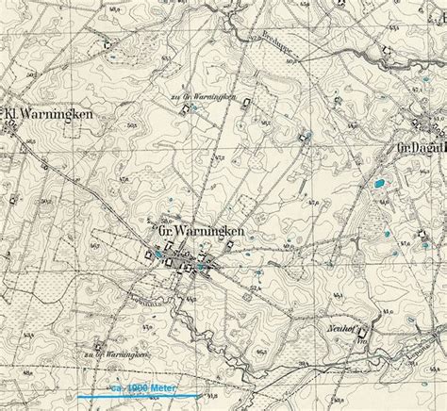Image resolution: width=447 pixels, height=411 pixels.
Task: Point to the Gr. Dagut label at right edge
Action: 421,149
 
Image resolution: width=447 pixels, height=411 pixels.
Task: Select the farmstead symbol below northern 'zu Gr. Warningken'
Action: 179,110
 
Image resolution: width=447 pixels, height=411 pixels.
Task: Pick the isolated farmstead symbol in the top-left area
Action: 108,42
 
